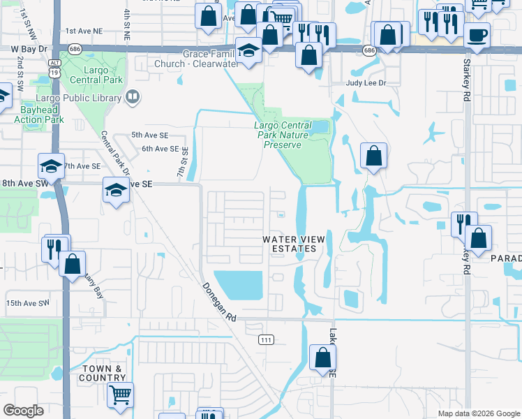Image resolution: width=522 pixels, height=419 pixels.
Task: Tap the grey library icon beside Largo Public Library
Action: (x=133, y=96)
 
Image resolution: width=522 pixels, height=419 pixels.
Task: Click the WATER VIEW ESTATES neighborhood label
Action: (x=294, y=244)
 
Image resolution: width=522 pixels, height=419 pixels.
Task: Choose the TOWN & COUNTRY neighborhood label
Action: (x=103, y=373)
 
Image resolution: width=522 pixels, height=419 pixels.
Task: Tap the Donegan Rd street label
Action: (x=219, y=302)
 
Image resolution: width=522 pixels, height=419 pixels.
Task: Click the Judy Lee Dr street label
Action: (x=366, y=83)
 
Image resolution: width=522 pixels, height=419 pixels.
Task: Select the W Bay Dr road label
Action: (x=29, y=49)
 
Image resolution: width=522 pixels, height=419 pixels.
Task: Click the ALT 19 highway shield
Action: (x=54, y=64)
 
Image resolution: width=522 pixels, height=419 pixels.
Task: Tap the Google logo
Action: (x=23, y=411)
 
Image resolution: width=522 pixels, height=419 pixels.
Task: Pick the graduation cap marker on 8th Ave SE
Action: (x=116, y=189)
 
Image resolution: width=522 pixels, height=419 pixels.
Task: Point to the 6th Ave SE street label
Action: (x=160, y=149)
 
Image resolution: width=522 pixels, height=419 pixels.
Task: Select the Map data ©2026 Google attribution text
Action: (x=478, y=413)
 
